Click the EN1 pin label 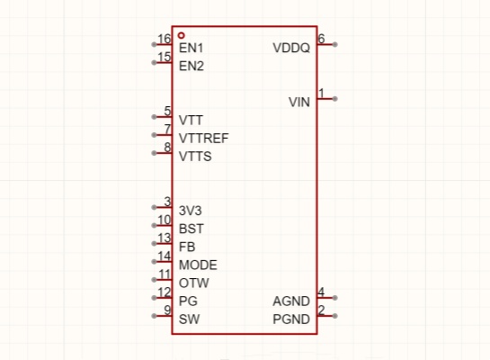point(191,48)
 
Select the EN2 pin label point(192,66)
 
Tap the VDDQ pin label point(291,48)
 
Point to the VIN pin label point(299,103)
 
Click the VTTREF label point(204,139)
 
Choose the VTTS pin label point(195,157)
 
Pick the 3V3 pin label point(190,211)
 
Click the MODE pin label point(198,265)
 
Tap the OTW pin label point(193,283)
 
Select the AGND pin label point(291,301)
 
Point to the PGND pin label point(291,319)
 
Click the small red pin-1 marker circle point(181,35)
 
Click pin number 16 point(164,39)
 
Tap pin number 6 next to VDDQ point(321,39)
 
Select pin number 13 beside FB point(164,238)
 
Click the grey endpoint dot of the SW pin point(154,316)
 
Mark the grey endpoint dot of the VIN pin point(335,99)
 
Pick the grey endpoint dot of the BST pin point(154,226)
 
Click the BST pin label point(192,229)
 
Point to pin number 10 point(164,220)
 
